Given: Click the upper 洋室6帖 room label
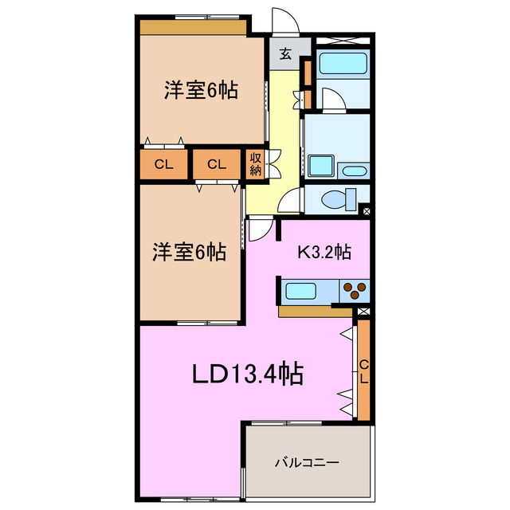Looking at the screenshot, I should [x=201, y=91].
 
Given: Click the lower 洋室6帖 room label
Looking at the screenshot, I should [x=189, y=253].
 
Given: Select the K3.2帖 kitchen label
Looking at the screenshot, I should [x=324, y=253].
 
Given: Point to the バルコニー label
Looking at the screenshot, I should [x=308, y=462].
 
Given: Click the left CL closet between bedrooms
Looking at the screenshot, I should [x=164, y=165].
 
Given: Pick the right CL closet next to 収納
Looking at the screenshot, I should [x=217, y=165].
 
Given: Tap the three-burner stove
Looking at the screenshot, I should [x=355, y=290].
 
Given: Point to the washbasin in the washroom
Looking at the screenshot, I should [x=352, y=171].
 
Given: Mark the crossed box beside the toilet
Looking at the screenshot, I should [x=365, y=211].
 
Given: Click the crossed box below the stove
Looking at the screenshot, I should [x=363, y=311].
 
